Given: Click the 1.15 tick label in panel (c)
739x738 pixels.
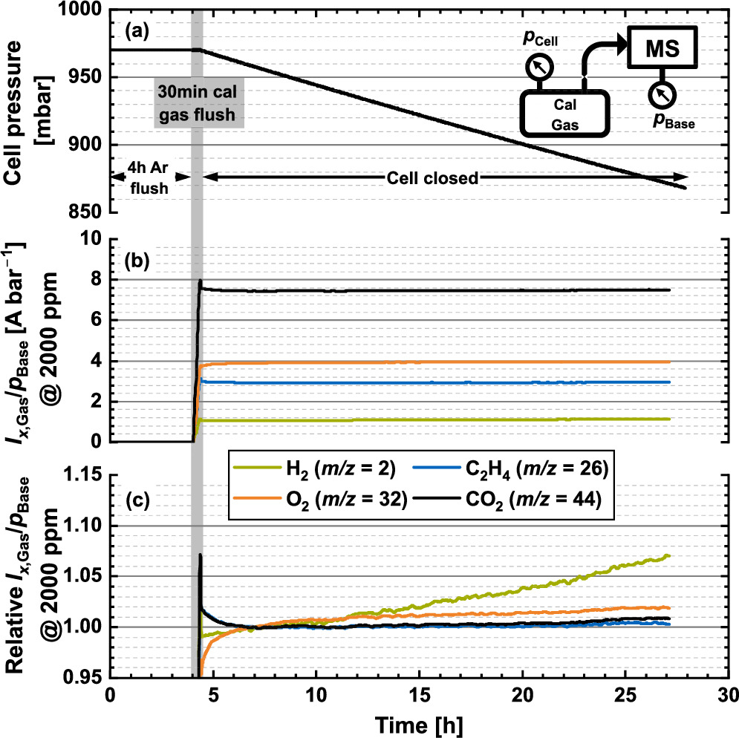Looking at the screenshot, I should point(82,475).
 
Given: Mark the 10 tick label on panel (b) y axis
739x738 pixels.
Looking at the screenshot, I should point(91,240).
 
